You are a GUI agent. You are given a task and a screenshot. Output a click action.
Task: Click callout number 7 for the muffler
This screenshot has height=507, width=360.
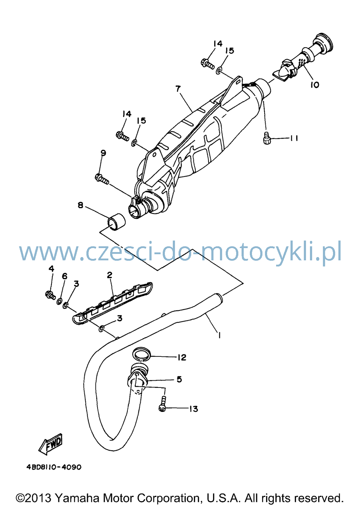tap(178, 89)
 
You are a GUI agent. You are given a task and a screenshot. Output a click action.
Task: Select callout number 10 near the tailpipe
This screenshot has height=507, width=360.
tap(315, 85)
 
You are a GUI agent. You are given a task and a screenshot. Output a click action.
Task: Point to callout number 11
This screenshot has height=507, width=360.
tap(294, 138)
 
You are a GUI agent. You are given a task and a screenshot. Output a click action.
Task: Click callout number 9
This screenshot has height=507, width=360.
tap(103, 153)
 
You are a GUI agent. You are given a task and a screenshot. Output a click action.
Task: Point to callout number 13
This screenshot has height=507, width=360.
tap(194, 409)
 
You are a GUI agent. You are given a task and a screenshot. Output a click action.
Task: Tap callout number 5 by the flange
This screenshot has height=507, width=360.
tap(179, 379)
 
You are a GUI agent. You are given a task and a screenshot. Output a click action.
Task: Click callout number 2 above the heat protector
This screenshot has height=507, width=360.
tap(109, 275)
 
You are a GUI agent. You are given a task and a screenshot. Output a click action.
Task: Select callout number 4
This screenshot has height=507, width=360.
tap(51, 269)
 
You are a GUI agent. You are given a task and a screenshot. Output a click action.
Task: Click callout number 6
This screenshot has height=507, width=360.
tap(65, 276)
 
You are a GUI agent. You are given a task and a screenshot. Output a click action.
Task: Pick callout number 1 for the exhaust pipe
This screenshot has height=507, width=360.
tap(219, 335)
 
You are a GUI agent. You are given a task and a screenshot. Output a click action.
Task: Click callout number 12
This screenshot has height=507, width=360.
tap(182, 358)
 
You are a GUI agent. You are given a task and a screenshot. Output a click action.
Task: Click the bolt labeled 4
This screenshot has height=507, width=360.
tap(50, 295)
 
